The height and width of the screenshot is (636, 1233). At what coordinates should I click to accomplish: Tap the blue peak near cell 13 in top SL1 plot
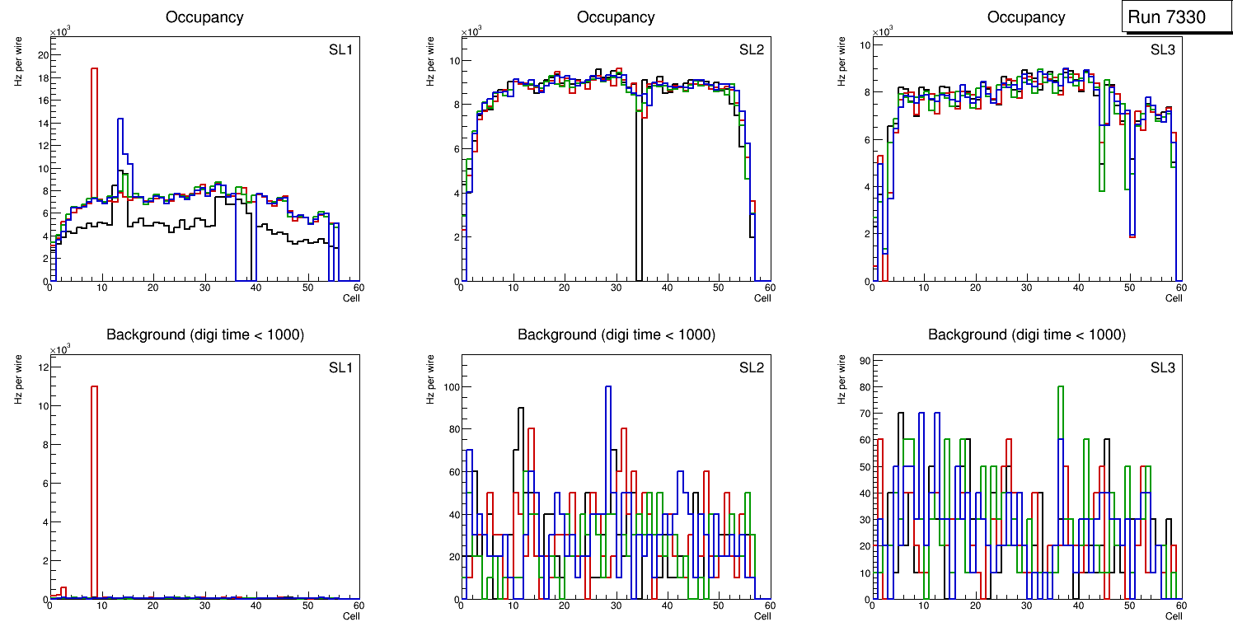[x=120, y=120]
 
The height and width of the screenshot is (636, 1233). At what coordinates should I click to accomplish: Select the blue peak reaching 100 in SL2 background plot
[x=608, y=387]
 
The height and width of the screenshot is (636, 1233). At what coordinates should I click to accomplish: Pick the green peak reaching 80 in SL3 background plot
[x=1061, y=387]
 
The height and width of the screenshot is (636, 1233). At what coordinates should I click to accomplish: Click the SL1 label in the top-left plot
[x=340, y=50]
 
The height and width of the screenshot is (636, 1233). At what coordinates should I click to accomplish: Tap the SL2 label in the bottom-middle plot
[x=751, y=367]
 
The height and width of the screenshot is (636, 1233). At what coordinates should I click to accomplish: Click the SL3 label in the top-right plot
[x=1162, y=50]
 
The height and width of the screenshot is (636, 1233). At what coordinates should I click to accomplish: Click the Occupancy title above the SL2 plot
[x=616, y=17]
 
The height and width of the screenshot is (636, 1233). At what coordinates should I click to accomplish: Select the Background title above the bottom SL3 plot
[x=1026, y=334]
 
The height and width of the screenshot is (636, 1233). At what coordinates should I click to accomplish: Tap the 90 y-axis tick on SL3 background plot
[x=861, y=361]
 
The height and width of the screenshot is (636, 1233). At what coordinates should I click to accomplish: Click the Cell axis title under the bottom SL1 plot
[x=351, y=615]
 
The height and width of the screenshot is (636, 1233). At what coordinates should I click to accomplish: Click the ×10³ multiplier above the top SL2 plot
[x=471, y=33]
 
